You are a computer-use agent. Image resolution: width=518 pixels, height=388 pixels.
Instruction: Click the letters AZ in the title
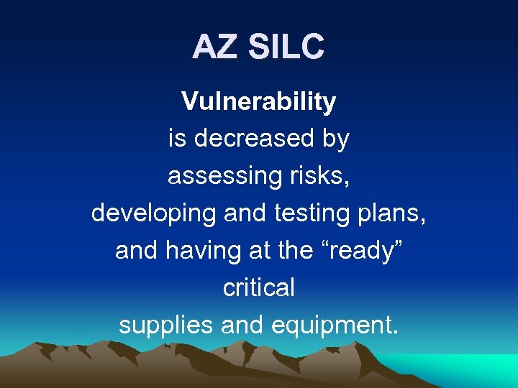click(x=216, y=47)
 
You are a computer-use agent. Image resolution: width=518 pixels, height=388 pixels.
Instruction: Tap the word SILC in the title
click(x=286, y=47)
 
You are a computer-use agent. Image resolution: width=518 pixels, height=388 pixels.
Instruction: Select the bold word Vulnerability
click(x=258, y=102)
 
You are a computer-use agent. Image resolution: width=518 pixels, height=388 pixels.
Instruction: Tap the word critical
click(x=258, y=287)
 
